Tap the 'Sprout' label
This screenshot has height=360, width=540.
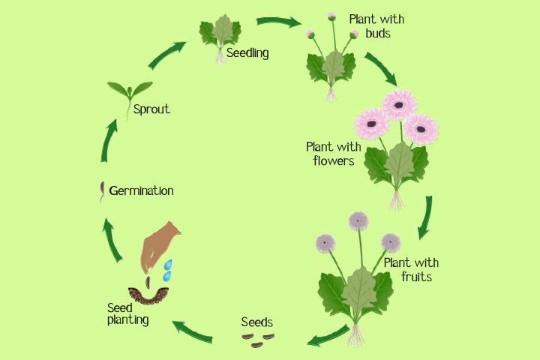[x=151, y=109]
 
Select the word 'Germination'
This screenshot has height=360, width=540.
[x=141, y=190]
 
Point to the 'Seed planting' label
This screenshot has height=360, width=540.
[x=127, y=313]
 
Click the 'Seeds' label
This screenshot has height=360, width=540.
[x=256, y=322]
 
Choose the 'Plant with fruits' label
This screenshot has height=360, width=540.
[x=411, y=269]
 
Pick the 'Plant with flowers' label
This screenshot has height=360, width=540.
[x=330, y=152]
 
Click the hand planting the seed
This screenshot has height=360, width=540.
[x=162, y=244]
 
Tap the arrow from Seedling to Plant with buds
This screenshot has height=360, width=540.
[x=277, y=22]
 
